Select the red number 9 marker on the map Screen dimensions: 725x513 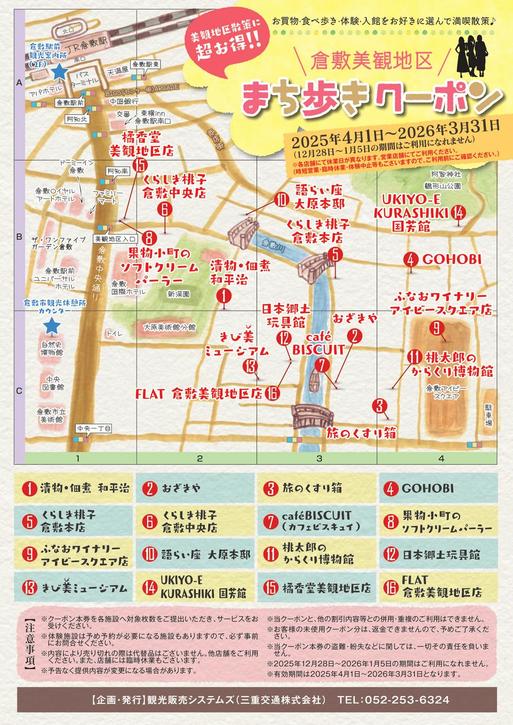tap(436, 328)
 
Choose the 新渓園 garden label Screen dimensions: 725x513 tap(178, 294)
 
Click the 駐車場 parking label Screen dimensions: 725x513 tap(488, 415)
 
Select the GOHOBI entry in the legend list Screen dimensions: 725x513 tap(438, 488)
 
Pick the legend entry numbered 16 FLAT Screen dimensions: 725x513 tap(438, 587)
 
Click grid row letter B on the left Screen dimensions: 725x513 tap(19, 237)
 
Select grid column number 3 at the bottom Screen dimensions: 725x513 tap(319, 458)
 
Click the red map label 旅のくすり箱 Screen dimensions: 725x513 tap(361, 433)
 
